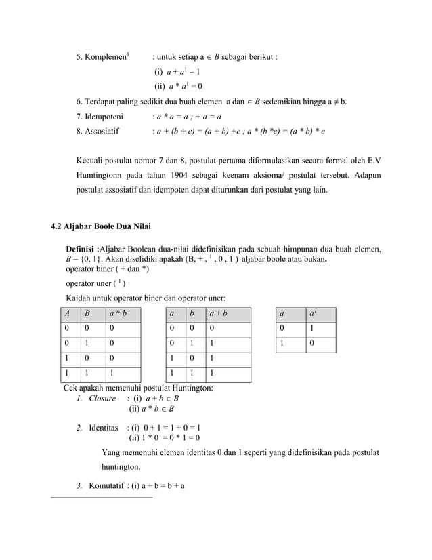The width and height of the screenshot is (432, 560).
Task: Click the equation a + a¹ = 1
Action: click(x=181, y=71)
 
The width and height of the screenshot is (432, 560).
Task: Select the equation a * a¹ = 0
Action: click(x=181, y=86)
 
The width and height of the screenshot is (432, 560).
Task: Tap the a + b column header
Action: click(x=219, y=315)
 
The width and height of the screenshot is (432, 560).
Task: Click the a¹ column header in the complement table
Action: click(x=312, y=315)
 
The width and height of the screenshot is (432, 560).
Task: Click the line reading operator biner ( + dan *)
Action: click(x=107, y=268)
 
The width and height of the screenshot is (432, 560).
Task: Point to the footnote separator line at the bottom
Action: click(x=102, y=498)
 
